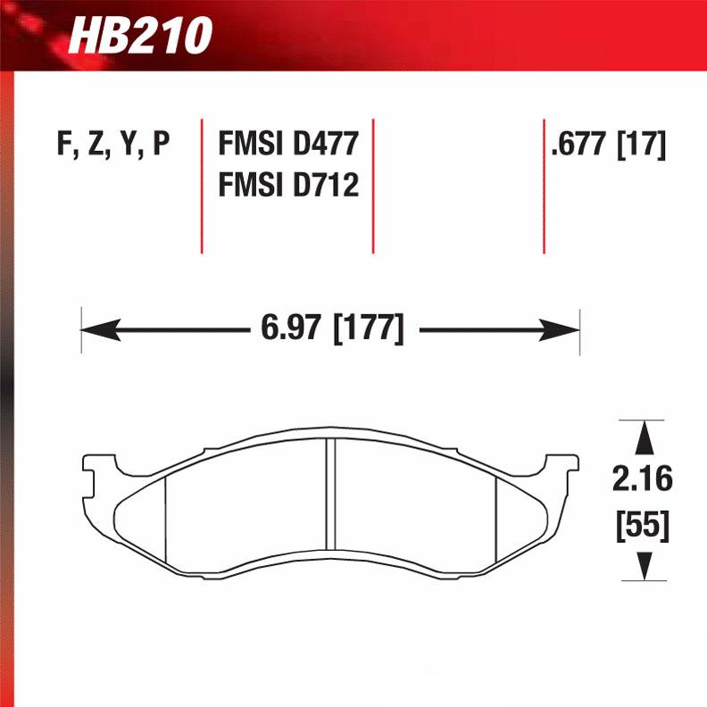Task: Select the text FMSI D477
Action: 288,144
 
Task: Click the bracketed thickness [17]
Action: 642,144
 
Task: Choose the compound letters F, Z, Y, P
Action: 113,144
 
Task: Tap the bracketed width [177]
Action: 368,329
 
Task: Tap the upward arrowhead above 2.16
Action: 641,437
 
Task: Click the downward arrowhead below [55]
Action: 641,564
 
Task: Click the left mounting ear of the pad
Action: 93,468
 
